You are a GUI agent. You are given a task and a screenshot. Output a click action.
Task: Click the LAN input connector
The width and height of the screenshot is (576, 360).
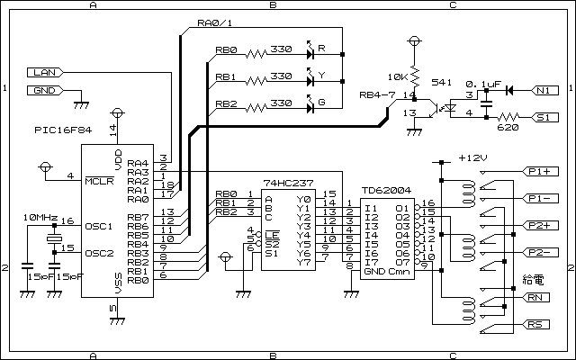point(45,72)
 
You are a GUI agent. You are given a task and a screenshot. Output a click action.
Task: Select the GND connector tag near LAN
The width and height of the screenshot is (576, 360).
point(45,90)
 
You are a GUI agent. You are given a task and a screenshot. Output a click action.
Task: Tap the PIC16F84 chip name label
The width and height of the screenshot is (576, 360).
point(63,130)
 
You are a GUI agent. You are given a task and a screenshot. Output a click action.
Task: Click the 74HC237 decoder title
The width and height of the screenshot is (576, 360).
point(288,183)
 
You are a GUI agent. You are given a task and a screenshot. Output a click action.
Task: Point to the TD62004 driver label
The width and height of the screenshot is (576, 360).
point(386,190)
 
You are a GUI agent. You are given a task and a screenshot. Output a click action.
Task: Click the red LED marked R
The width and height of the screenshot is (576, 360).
point(310,52)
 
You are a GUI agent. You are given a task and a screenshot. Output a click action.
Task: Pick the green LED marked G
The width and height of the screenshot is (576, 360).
point(310,106)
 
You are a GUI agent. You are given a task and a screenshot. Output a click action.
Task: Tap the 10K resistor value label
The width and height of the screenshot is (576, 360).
point(398,77)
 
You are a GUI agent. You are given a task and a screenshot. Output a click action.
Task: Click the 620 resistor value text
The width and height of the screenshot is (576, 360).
point(508,128)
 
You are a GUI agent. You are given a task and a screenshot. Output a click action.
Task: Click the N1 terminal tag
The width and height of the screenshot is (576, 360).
point(544,90)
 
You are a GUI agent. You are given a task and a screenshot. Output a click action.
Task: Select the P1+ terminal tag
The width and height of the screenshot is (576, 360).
point(540,172)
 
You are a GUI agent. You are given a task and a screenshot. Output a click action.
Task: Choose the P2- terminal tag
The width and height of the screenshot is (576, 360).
point(540,252)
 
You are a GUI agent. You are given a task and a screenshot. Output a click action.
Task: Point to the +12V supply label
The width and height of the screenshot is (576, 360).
point(473,158)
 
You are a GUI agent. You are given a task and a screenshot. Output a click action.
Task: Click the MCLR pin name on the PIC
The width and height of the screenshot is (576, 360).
point(99,181)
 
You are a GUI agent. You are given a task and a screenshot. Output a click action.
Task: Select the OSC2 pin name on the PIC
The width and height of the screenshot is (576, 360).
point(99,253)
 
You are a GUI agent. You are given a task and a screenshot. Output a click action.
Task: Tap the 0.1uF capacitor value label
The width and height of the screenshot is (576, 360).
point(483,84)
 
